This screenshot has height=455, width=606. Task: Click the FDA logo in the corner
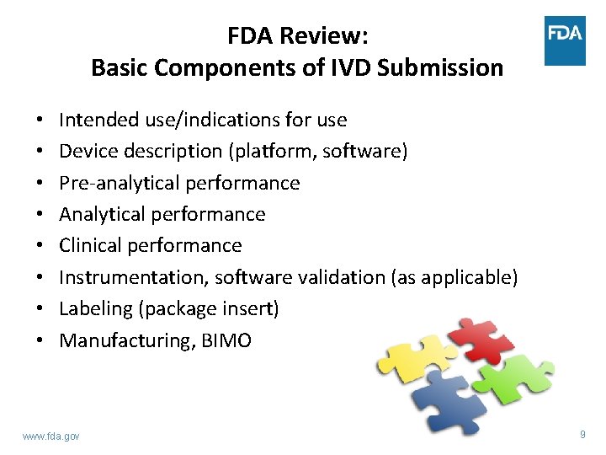tap(565, 40)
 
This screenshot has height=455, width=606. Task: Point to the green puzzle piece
tap(517, 376)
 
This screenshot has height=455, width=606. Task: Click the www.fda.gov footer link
tap(51, 436)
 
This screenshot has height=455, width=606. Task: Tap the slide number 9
tap(582, 435)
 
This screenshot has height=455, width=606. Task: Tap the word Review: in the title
tap(328, 36)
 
